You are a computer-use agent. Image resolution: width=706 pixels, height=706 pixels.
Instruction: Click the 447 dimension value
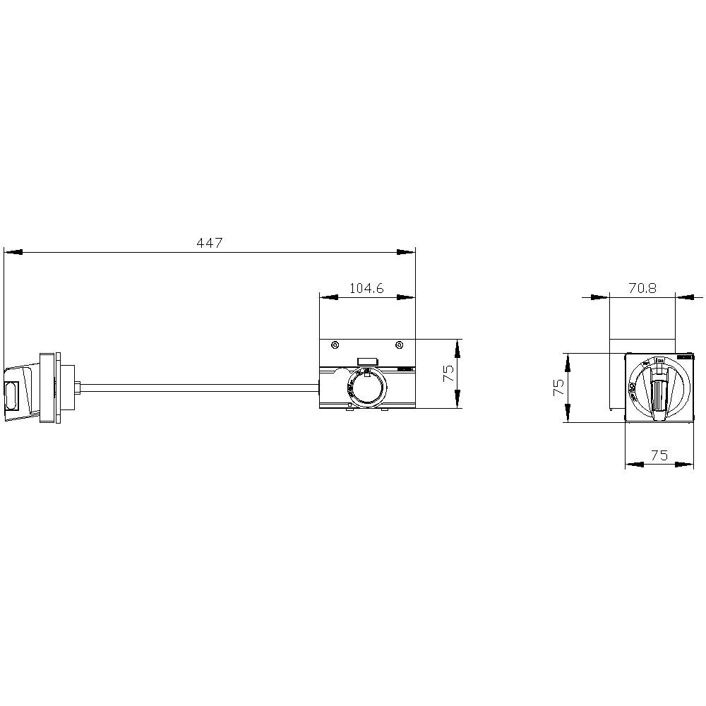pyautogui.click(x=209, y=243)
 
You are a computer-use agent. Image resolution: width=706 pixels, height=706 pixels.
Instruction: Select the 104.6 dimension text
pyautogui.click(x=366, y=288)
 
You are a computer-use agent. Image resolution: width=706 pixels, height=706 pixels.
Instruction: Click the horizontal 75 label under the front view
pyautogui.click(x=659, y=455)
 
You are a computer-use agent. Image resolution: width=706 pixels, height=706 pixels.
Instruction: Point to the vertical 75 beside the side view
pyautogui.click(x=448, y=373)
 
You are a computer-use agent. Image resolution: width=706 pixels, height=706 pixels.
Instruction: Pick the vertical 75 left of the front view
pyautogui.click(x=558, y=388)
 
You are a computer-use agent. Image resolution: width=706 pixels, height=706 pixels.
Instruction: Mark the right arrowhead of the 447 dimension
pyautogui.click(x=406, y=252)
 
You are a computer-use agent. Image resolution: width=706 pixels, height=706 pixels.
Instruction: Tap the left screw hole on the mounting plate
pyautogui.click(x=335, y=345)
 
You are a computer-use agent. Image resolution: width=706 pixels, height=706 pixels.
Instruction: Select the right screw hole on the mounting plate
pyautogui.click(x=400, y=345)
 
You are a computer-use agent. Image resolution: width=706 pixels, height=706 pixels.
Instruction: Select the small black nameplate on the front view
pyautogui.click(x=684, y=359)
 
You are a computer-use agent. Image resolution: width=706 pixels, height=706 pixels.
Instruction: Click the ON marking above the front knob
pyautogui.click(x=660, y=361)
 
